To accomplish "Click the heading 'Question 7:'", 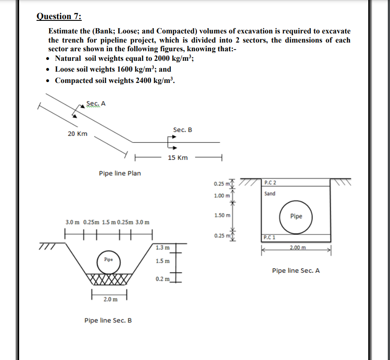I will tap(59, 17).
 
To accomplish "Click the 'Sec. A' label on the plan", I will tap(96, 103).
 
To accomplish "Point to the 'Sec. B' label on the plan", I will tap(182, 130).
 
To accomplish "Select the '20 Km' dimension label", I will tap(77, 134).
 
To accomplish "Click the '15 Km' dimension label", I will tap(177, 158).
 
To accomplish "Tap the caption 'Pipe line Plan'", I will tap(120, 173).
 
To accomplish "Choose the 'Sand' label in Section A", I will tap(270, 193).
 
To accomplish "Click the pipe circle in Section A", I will tap(296, 216).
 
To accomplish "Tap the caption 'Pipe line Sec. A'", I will tap(296, 271).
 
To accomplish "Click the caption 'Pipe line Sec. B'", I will tap(108, 320).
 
